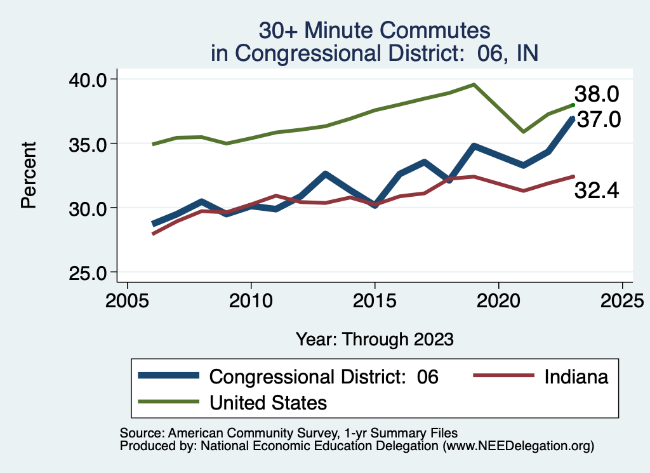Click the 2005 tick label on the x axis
click(x=128, y=299)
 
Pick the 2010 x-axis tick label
click(x=251, y=299)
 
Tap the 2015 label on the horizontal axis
click(x=375, y=299)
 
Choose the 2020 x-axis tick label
click(x=499, y=299)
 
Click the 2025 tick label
click(x=622, y=299)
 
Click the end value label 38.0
click(x=597, y=95)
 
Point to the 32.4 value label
click(x=597, y=190)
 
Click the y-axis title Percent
click(x=28, y=175)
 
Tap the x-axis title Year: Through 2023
click(x=375, y=338)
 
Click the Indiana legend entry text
click(x=576, y=376)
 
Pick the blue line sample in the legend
click(x=169, y=376)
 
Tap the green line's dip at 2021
click(x=524, y=131)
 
